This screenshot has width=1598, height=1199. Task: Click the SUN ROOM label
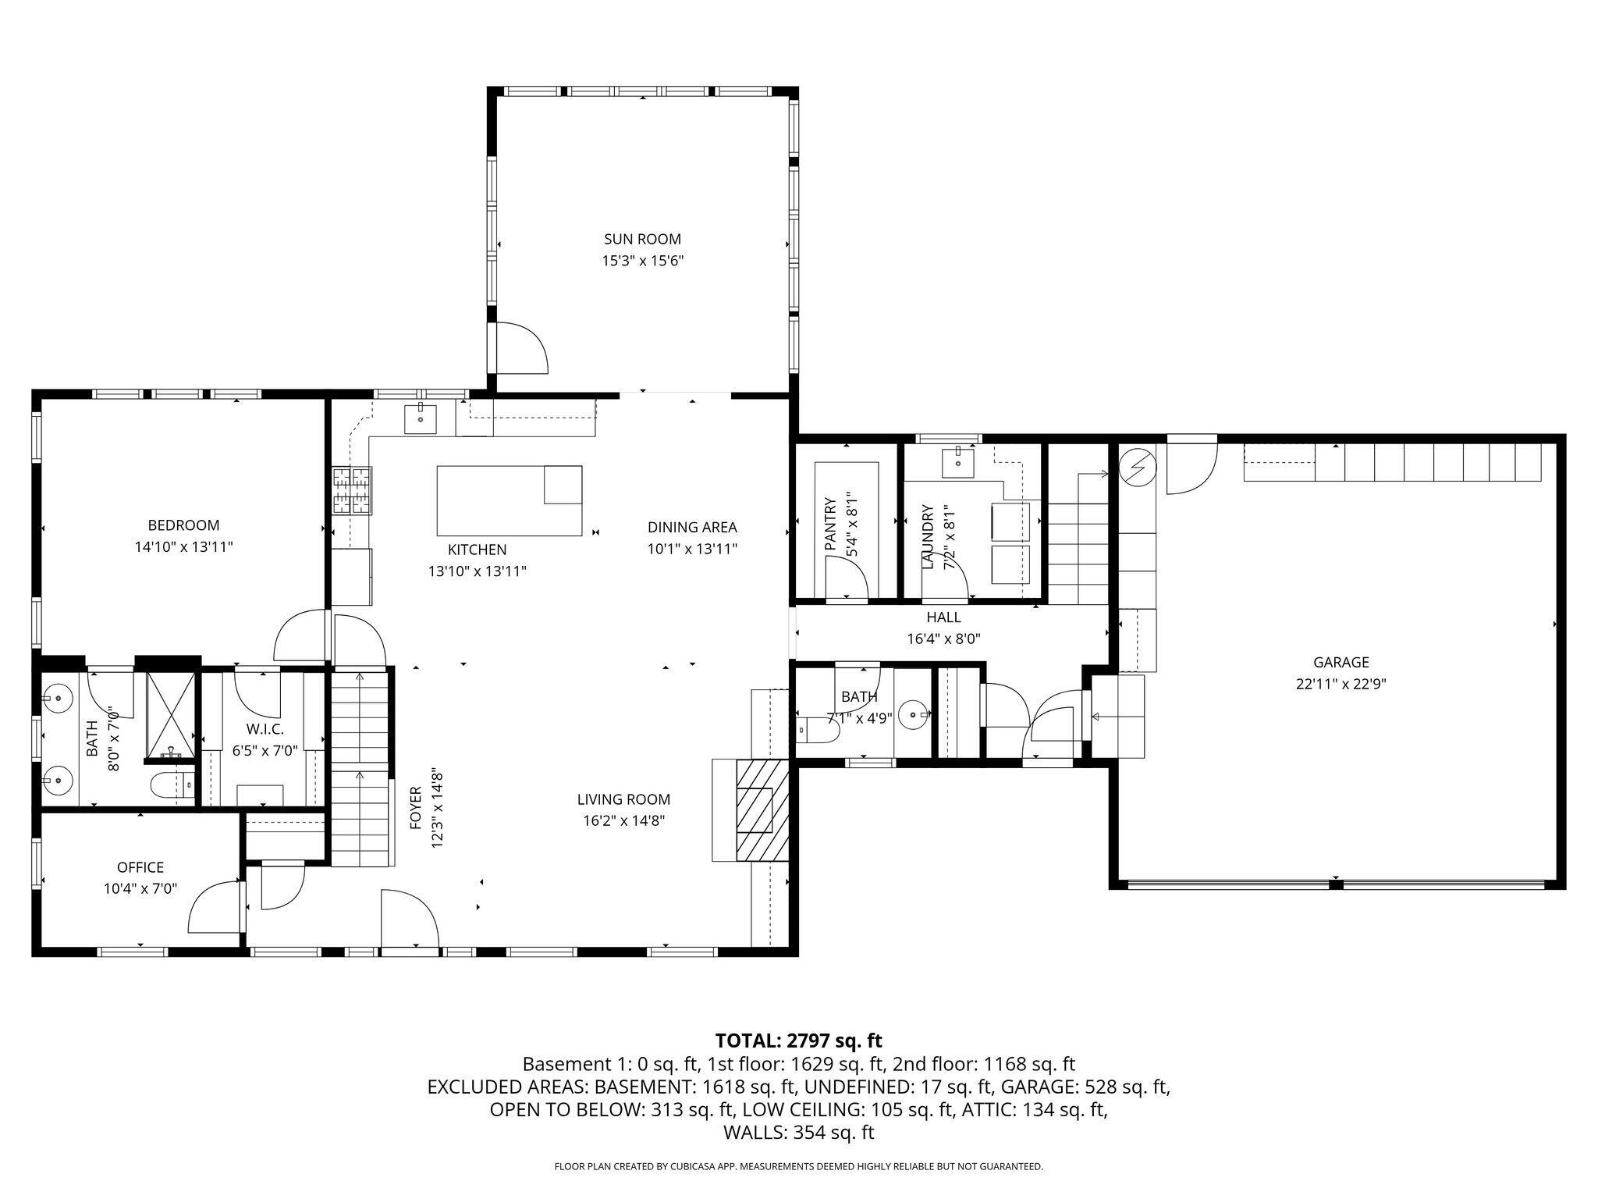point(642,239)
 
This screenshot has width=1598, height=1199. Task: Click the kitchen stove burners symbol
point(352,490)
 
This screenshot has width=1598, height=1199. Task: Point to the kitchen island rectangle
point(509,500)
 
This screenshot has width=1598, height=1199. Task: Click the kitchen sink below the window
point(421,419)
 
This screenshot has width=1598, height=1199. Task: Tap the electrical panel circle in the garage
point(1136,467)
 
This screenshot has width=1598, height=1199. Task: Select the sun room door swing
point(521,348)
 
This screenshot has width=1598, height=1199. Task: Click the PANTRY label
point(830,525)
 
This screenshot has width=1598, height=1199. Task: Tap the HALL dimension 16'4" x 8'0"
point(943,639)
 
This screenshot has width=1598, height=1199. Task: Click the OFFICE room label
point(140,867)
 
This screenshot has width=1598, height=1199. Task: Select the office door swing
point(215,907)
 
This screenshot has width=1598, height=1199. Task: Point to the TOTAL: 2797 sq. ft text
point(798,1041)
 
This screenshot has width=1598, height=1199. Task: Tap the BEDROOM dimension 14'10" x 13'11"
point(183,547)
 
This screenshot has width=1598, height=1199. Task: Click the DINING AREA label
point(692,527)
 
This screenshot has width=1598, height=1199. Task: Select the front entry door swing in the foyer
point(410,921)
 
